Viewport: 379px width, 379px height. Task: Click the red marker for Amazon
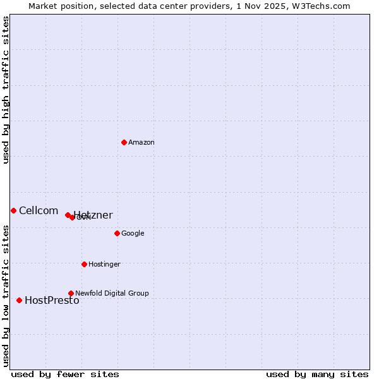click(124, 142)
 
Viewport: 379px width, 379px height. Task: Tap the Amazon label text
click(141, 143)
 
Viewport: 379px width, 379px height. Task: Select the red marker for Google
click(117, 233)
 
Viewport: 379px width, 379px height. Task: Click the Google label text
click(133, 234)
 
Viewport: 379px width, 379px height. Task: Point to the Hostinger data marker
click(84, 264)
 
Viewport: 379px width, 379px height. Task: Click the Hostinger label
click(104, 264)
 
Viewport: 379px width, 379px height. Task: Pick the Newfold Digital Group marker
click(71, 293)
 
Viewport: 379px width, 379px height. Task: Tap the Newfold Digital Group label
click(112, 293)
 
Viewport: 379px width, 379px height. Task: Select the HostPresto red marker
click(19, 300)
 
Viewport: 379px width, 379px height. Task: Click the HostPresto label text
click(52, 301)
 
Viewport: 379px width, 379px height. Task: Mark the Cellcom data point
click(13, 210)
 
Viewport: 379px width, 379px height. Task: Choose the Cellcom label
click(39, 211)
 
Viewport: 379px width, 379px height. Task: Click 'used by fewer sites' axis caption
click(65, 374)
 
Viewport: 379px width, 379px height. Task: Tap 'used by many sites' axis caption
click(317, 374)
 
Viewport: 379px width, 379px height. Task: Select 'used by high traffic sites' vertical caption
click(6, 90)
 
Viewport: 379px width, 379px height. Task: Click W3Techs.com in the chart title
click(325, 6)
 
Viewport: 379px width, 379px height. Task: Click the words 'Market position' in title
click(59, 6)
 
